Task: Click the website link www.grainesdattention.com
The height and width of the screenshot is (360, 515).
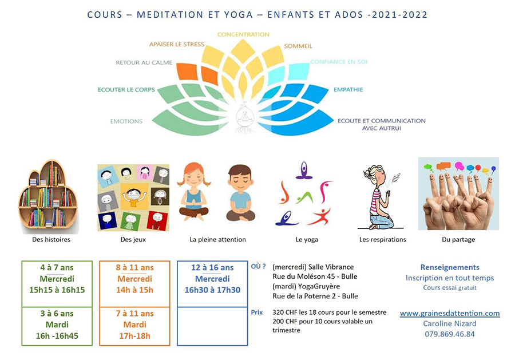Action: (x=450, y=314)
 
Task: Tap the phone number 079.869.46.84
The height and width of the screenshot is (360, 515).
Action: (x=450, y=334)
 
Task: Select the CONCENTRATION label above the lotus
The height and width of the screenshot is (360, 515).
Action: (x=243, y=34)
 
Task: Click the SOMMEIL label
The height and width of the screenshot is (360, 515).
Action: (x=298, y=46)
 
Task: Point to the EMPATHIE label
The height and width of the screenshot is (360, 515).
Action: (x=348, y=89)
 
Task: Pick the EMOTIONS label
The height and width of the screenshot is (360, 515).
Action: (x=126, y=121)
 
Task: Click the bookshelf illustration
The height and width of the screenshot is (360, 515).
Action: (x=48, y=196)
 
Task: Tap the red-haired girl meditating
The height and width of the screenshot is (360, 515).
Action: (x=194, y=192)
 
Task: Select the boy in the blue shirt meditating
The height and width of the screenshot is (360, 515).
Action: (x=240, y=192)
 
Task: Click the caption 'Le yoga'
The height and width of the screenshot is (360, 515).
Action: (x=307, y=239)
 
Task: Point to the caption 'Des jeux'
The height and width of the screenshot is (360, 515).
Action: (x=133, y=239)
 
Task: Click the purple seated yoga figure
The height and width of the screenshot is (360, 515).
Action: (x=304, y=170)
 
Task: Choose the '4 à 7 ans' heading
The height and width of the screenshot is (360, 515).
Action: (x=57, y=268)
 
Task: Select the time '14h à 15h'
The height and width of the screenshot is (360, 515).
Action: (x=134, y=290)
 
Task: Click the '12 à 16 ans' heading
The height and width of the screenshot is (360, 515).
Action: (x=212, y=268)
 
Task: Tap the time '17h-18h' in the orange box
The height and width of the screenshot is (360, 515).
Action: (x=134, y=336)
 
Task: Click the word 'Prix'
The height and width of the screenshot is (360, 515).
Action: (x=257, y=312)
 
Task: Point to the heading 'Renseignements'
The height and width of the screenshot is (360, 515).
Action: (x=450, y=267)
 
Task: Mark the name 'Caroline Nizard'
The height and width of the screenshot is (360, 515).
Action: (x=450, y=323)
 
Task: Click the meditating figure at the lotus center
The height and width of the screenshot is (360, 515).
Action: (x=244, y=117)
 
